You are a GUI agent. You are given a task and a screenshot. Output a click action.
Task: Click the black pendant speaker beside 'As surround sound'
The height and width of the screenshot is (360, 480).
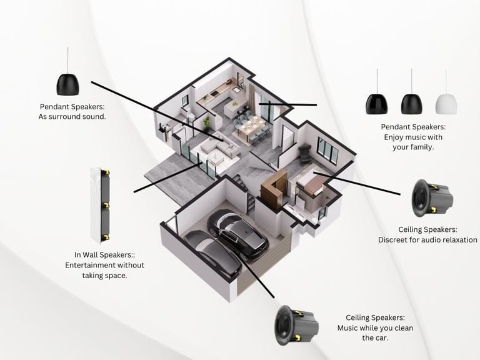(x=68, y=83)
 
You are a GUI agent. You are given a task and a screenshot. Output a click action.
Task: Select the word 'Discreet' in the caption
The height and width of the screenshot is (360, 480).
(x=394, y=239)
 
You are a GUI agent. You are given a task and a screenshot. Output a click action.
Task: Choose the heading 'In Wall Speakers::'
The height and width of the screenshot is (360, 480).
(x=105, y=254)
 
